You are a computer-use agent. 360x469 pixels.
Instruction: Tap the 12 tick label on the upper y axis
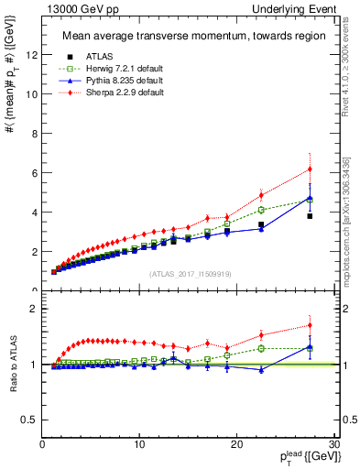coord(31,55)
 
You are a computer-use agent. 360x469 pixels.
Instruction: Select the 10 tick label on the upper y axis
coord(31,94)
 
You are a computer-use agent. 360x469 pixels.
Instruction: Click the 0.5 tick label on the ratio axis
coord(29,420)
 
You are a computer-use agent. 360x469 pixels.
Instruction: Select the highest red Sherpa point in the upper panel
coord(310,169)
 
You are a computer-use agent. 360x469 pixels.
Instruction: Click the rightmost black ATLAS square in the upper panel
coord(310,216)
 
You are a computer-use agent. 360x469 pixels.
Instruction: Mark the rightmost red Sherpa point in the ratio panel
coord(310,325)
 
